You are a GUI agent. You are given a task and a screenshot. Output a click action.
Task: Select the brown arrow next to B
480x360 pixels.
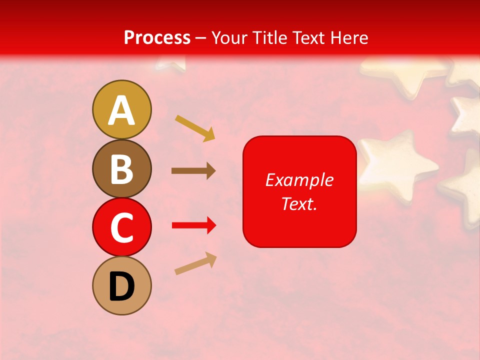193,171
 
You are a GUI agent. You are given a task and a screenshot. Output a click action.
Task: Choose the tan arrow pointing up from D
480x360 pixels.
195,263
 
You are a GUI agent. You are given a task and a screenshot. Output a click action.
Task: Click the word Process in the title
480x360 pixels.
157,37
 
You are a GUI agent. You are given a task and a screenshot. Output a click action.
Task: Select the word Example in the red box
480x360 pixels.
299,180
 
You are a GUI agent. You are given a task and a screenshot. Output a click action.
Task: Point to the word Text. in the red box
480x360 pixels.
299,203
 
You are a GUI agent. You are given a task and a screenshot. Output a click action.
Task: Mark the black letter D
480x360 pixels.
122,286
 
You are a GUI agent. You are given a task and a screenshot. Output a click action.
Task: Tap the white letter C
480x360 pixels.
122,228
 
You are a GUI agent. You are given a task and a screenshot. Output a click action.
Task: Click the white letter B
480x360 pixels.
122,169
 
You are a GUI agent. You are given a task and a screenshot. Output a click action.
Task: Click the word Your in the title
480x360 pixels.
228,37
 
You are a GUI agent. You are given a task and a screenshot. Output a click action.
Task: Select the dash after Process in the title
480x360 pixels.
201,38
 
